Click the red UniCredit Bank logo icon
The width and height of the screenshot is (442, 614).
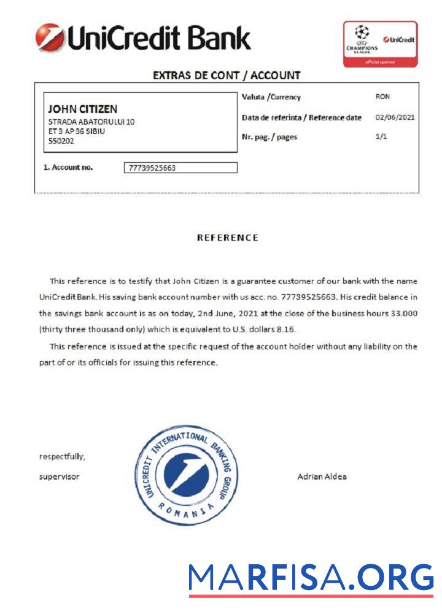coord(50,37)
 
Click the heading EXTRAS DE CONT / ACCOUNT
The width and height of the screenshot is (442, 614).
coord(227,76)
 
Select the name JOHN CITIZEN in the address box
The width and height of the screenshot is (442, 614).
coord(82,109)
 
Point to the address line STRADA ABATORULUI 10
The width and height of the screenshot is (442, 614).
coord(91,122)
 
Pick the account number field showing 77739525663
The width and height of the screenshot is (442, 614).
coord(180,168)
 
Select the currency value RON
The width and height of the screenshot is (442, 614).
coord(382,96)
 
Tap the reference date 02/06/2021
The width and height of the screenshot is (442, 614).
coord(395,117)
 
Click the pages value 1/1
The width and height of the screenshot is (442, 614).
coord(381,136)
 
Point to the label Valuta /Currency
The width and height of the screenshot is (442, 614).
coord(271,97)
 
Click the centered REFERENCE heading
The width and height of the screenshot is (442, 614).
coord(227,238)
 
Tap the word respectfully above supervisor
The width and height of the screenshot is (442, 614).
coord(62,456)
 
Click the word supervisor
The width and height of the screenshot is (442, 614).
coord(59,476)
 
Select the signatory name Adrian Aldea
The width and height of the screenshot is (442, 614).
coord(322,476)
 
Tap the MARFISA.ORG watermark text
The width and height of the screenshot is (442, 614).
coord(311,578)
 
